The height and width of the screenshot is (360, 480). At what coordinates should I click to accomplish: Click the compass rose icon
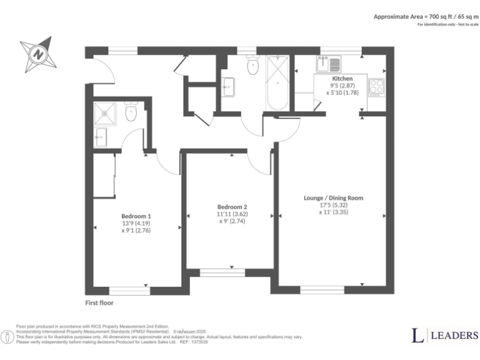pyautogui.click(x=39, y=54)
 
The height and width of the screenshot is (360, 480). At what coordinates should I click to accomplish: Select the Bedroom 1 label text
pyautogui.click(x=136, y=216)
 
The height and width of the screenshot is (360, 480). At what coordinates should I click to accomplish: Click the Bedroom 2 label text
pyautogui.click(x=232, y=207)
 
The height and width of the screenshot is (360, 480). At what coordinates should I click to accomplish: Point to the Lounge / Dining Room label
pyautogui.click(x=333, y=198)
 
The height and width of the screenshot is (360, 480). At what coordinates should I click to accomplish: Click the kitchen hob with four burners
pyautogui.click(x=377, y=87)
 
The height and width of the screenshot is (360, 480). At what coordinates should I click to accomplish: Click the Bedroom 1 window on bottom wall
pyautogui.click(x=129, y=290)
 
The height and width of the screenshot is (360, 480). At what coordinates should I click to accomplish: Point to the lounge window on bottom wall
pyautogui.click(x=322, y=290)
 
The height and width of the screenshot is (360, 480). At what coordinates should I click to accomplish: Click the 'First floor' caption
pyautogui.click(x=99, y=303)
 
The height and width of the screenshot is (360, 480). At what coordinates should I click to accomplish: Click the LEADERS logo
pyautogui.click(x=444, y=336)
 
